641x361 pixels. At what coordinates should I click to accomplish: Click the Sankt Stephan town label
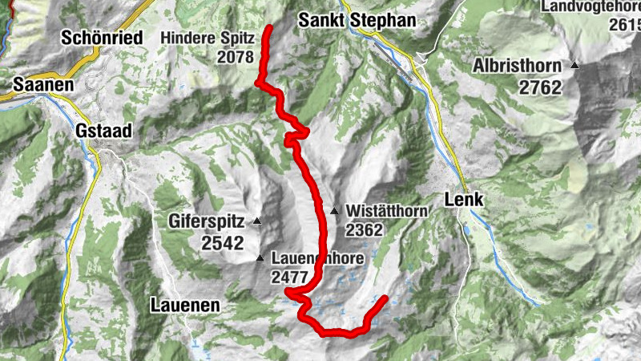tap(357, 20)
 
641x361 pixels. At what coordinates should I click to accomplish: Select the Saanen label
tap(43, 84)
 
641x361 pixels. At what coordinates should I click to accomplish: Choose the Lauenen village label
tap(184, 305)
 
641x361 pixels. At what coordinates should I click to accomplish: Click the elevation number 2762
tap(541, 87)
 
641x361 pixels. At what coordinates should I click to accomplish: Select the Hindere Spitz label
tap(208, 37)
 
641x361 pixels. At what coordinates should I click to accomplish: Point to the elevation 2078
tap(235, 57)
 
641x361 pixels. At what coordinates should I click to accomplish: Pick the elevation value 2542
tap(222, 243)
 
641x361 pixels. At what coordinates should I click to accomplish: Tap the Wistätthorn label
tap(388, 212)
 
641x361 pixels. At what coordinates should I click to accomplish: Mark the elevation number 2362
tap(366, 230)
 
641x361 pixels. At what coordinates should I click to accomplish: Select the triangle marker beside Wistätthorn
tap(334, 211)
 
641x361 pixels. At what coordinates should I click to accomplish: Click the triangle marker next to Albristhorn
tap(574, 65)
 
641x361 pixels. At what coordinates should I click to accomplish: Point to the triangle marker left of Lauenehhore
tap(260, 258)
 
